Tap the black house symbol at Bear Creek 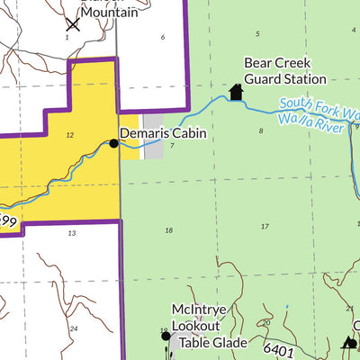(x=237, y=92)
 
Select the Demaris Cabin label (x=164, y=133)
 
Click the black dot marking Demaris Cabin (x=113, y=143)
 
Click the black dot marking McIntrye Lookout (x=165, y=337)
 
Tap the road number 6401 (x=281, y=348)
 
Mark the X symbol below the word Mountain (x=73, y=23)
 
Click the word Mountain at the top (x=110, y=12)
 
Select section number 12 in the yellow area (x=68, y=134)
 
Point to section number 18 (x=168, y=230)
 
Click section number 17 (x=265, y=226)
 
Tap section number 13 (x=71, y=232)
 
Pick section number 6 (x=163, y=37)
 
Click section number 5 (x=257, y=33)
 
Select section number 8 (x=261, y=130)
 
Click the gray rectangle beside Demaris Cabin (x=153, y=138)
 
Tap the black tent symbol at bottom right (x=349, y=342)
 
